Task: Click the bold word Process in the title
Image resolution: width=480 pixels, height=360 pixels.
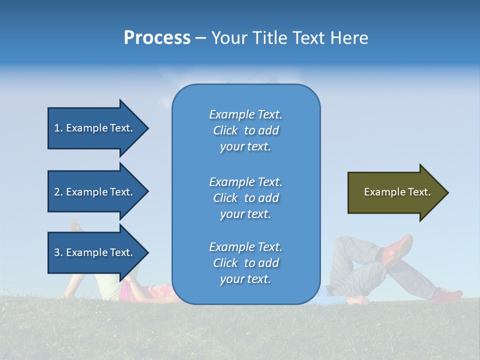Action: pos(157,38)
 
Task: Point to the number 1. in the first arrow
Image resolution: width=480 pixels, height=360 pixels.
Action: pos(58,128)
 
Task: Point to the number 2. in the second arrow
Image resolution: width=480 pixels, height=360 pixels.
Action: pos(58,192)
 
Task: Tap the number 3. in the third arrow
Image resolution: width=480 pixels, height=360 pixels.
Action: pos(58,252)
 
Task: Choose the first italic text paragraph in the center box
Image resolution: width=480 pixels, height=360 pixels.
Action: pos(245,130)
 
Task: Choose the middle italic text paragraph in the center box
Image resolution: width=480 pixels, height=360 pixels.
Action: pos(245,198)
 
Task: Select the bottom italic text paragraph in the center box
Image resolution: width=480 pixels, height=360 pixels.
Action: pos(245,263)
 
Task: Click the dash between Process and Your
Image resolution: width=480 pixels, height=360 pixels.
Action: pos(200,38)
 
